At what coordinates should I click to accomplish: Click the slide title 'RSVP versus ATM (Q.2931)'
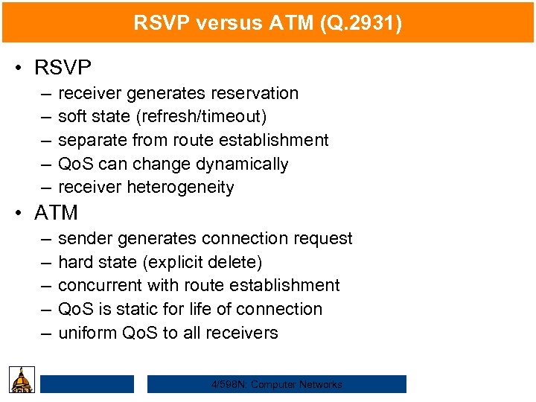(x=268, y=23)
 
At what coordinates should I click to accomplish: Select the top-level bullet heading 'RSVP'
(x=63, y=68)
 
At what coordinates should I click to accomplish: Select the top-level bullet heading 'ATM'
(x=57, y=213)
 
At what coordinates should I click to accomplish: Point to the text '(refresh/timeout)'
(x=203, y=117)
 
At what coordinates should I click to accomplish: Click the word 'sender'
(x=83, y=238)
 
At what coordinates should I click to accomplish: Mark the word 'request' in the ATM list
(x=323, y=238)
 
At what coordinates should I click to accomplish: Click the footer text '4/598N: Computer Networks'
(x=276, y=384)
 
